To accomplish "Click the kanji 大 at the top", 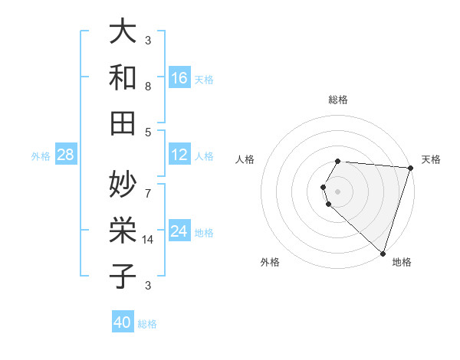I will point(123,33).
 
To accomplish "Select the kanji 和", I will point(123,77).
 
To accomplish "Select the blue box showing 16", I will point(179,77).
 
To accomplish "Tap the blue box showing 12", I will point(179,155).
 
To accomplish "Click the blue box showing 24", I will point(179,231).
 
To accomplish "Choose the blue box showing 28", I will point(66,155).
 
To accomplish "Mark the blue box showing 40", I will point(123,322).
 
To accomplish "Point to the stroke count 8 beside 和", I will point(148,86).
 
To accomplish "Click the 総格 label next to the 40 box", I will point(147,324).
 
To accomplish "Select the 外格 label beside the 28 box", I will point(41,156).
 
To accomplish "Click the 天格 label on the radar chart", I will point(432,159).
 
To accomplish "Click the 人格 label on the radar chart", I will point(245,159).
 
